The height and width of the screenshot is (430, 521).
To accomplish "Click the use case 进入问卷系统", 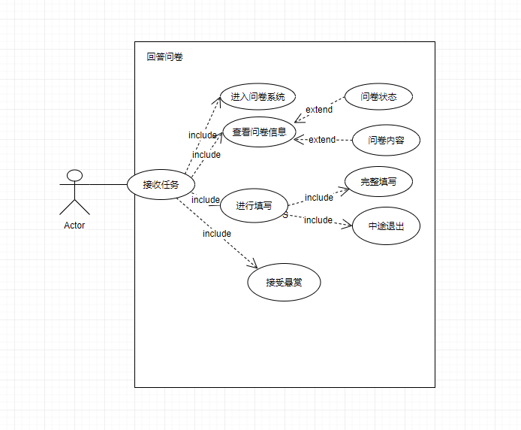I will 257,97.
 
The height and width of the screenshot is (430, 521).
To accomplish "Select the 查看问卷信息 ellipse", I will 259,132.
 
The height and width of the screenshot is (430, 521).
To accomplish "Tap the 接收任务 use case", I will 161,185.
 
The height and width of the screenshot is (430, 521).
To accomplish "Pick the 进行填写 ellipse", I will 254,205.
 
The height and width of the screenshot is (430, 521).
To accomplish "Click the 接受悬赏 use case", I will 284,283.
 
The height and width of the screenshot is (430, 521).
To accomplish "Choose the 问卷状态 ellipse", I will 378,97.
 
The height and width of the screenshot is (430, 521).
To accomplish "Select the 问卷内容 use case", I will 387,140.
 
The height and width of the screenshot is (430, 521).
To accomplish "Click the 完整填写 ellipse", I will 378,182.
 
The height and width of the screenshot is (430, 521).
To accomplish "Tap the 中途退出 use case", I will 386,226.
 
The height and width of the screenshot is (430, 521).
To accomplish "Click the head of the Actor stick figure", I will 74,176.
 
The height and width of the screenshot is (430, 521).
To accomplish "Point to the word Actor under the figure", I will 74,225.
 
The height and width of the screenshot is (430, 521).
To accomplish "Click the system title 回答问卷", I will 164,56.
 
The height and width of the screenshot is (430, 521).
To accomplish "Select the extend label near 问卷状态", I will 319,110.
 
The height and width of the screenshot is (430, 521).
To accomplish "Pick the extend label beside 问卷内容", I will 323,140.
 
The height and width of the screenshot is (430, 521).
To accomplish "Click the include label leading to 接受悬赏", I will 217,234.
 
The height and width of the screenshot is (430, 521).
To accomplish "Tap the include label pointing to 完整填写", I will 319,198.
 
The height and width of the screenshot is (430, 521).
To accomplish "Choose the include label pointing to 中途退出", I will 318,220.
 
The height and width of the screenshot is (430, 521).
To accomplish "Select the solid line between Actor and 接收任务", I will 105,184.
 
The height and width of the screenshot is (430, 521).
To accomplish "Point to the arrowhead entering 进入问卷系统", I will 221,98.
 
